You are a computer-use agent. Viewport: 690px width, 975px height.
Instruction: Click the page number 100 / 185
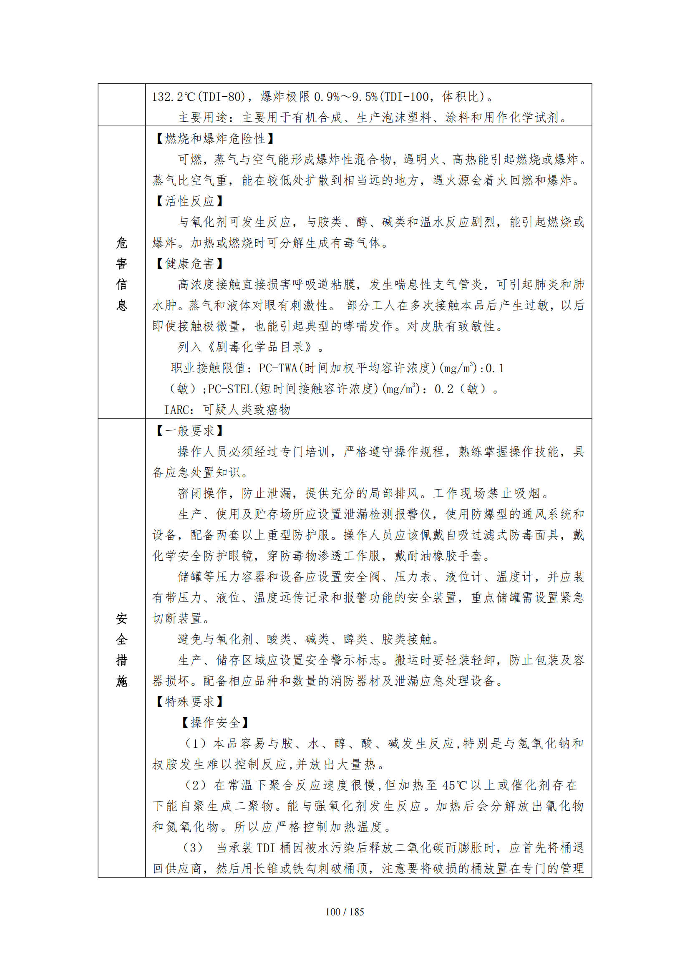click(345, 912)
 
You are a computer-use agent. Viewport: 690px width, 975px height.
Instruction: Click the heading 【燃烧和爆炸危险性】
click(215, 138)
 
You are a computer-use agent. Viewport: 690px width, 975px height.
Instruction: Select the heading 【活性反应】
click(189, 201)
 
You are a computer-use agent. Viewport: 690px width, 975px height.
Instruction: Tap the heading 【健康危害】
click(189, 264)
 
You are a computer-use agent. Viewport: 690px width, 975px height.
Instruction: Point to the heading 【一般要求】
click(189, 431)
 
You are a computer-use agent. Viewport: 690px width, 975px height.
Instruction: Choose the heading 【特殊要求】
click(189, 702)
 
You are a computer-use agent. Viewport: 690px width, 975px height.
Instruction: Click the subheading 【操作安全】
click(215, 723)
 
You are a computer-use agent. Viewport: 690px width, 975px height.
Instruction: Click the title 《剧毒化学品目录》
click(259, 347)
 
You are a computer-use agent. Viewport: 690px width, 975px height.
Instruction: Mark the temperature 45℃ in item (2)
click(454, 785)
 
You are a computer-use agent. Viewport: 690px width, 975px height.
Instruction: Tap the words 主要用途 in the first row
click(203, 118)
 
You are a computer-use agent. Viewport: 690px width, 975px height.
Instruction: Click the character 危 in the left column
click(121, 243)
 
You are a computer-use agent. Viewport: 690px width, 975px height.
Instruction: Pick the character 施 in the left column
click(121, 681)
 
